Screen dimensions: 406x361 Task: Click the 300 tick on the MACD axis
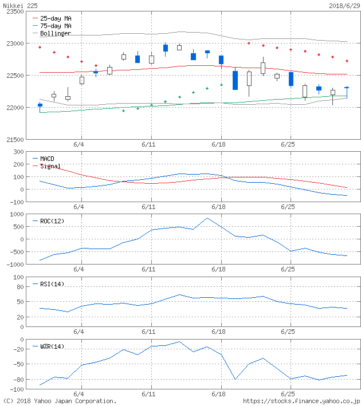[17, 152]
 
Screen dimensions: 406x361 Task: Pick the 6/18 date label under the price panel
[218, 145]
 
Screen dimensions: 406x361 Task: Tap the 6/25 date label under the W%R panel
[288, 395]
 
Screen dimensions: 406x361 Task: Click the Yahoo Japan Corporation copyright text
[60, 401]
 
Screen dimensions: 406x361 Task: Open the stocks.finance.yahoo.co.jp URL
[301, 401]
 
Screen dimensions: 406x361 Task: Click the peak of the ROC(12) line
[207, 218]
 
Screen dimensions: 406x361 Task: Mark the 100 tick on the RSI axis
[17, 277]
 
